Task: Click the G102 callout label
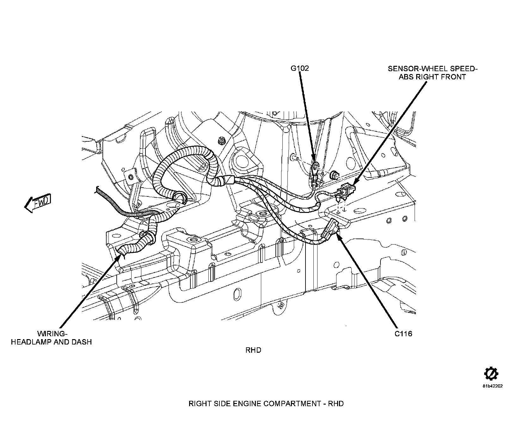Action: point(300,68)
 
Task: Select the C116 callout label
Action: point(404,333)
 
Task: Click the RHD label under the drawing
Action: point(253,350)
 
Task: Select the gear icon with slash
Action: point(491,374)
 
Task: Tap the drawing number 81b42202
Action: point(491,386)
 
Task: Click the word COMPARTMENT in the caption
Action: point(294,404)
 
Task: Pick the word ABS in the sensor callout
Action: point(406,77)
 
